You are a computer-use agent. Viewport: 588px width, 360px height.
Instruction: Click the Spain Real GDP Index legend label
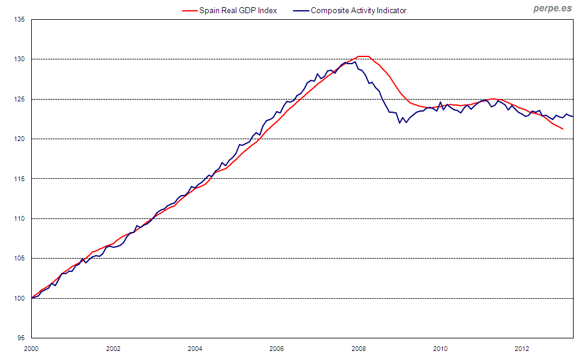pyautogui.click(x=238, y=10)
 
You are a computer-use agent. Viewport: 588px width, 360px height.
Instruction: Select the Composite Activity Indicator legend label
pyautogui.click(x=358, y=10)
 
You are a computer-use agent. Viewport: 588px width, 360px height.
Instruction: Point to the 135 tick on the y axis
pyautogui.click(x=20, y=20)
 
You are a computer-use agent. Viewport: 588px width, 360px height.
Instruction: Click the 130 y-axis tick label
pyautogui.click(x=20, y=59)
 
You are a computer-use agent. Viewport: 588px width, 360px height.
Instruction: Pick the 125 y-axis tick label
pyautogui.click(x=20, y=99)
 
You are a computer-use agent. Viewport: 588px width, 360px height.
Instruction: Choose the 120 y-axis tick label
pyautogui.click(x=20, y=139)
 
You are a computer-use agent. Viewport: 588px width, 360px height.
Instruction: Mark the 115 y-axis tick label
pyautogui.click(x=20, y=179)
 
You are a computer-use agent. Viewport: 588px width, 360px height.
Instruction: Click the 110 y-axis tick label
pyautogui.click(x=20, y=218)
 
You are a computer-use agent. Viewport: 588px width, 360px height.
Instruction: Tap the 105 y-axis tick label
pyautogui.click(x=20, y=259)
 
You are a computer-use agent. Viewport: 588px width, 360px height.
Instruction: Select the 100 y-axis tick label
pyautogui.click(x=20, y=298)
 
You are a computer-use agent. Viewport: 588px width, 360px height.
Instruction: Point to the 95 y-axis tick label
pyautogui.click(x=21, y=338)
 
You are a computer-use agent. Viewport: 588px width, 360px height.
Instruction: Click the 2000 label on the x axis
pyautogui.click(x=31, y=348)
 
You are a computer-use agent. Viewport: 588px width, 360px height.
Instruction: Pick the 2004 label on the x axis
pyautogui.click(x=195, y=348)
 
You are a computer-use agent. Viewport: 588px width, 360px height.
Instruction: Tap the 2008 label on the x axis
pyautogui.click(x=359, y=348)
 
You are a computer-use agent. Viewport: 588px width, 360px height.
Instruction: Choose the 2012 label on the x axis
pyautogui.click(x=523, y=348)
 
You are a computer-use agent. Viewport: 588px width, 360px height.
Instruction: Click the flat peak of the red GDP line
pyautogui.click(x=364, y=56)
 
